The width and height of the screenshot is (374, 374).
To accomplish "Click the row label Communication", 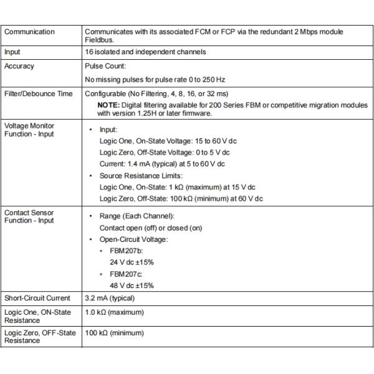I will (29, 32).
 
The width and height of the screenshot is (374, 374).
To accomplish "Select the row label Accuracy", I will (19, 66).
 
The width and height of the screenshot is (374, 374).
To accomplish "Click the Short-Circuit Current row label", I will (37, 298).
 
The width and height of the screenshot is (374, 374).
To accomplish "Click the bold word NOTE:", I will (109, 105).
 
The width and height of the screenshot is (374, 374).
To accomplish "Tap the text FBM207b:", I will (127, 251).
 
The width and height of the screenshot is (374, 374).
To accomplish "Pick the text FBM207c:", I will (127, 274).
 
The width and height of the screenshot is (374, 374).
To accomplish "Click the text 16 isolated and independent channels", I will (145, 52).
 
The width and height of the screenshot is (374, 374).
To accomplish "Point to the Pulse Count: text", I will (105, 66).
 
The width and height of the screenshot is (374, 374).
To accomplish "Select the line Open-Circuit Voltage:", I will (134, 239).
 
